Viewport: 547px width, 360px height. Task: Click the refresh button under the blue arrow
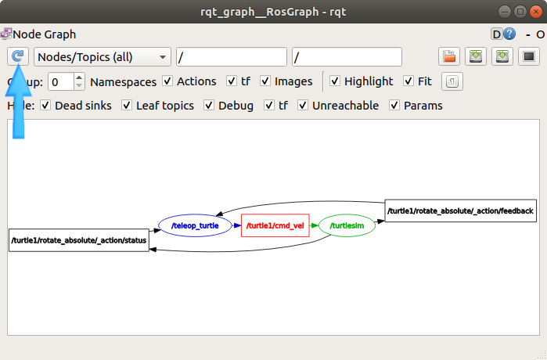pyautogui.click(x=18, y=56)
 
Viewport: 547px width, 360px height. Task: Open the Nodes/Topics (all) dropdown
pyautogui.click(x=103, y=57)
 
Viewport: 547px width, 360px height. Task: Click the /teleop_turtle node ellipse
pyautogui.click(x=195, y=225)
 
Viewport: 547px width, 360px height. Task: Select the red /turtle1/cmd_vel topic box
pyautogui.click(x=275, y=225)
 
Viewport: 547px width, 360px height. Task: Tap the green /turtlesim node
pyautogui.click(x=347, y=225)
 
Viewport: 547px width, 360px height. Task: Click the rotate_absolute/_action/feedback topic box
pyautogui.click(x=460, y=211)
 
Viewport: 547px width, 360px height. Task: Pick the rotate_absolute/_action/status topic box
pyautogui.click(x=79, y=240)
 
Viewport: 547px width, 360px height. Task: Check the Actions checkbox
pyautogui.click(x=167, y=81)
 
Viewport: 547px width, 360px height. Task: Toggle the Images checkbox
pyautogui.click(x=265, y=81)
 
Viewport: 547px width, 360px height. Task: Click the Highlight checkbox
pyautogui.click(x=335, y=81)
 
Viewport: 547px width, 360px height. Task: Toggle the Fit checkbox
pyautogui.click(x=408, y=81)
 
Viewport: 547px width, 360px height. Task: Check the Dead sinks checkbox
pyautogui.click(x=45, y=106)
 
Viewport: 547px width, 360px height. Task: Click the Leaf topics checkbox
pyautogui.click(x=127, y=106)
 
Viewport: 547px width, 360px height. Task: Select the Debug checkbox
pyautogui.click(x=209, y=106)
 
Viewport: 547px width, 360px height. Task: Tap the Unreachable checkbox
pyautogui.click(x=303, y=106)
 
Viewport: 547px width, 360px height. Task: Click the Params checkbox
pyautogui.click(x=394, y=106)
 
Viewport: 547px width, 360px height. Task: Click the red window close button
pyautogui.click(x=536, y=12)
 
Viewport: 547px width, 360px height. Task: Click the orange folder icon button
pyautogui.click(x=449, y=56)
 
